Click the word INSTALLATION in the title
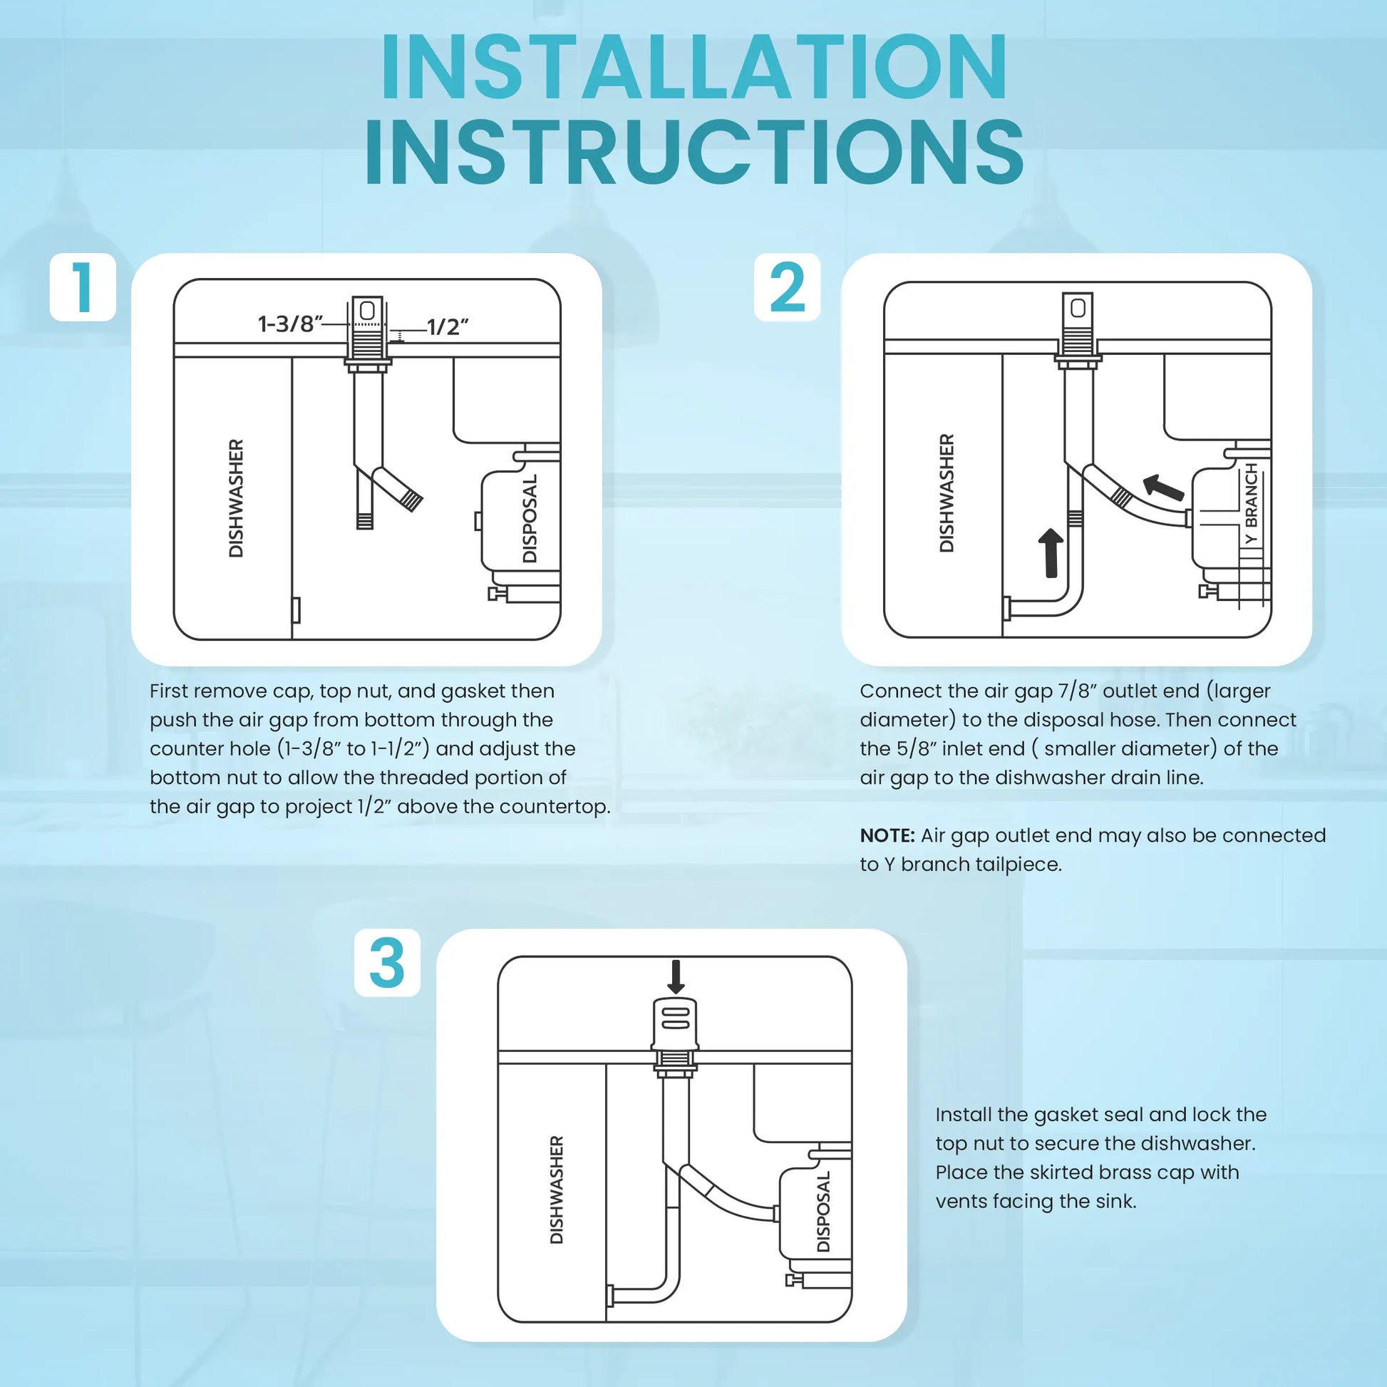(x=694, y=66)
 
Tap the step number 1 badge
(x=83, y=287)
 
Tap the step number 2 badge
(x=787, y=287)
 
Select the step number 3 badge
(x=387, y=963)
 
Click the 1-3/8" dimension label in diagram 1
(x=290, y=324)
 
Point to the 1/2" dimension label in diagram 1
(x=448, y=326)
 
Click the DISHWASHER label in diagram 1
(x=235, y=498)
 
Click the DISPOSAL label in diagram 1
(x=530, y=518)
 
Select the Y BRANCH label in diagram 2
(x=1252, y=504)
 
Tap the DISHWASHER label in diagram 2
(x=947, y=493)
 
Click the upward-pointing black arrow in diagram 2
(x=1051, y=553)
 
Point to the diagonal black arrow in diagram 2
(x=1163, y=488)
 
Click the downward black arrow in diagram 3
(x=676, y=976)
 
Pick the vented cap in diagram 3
(x=675, y=1022)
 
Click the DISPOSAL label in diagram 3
(x=823, y=1212)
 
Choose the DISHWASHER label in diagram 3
(x=557, y=1190)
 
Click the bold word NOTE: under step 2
(x=887, y=835)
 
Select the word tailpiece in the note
(x=1017, y=865)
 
